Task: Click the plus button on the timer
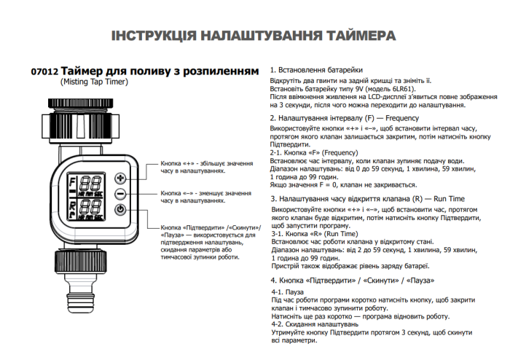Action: tap(120, 178)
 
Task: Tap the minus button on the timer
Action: tap(120, 194)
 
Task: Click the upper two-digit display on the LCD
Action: tap(90, 184)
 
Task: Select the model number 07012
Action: tap(44, 73)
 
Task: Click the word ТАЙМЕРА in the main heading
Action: tap(348, 35)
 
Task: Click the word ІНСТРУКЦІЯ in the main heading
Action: tap(154, 35)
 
